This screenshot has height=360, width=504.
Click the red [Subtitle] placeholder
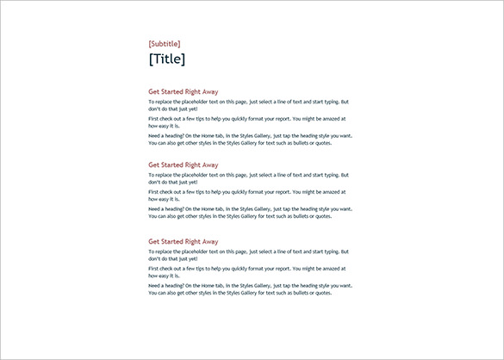point(165,43)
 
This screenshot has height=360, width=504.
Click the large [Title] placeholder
point(166,59)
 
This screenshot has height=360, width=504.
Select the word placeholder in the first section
point(200,101)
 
